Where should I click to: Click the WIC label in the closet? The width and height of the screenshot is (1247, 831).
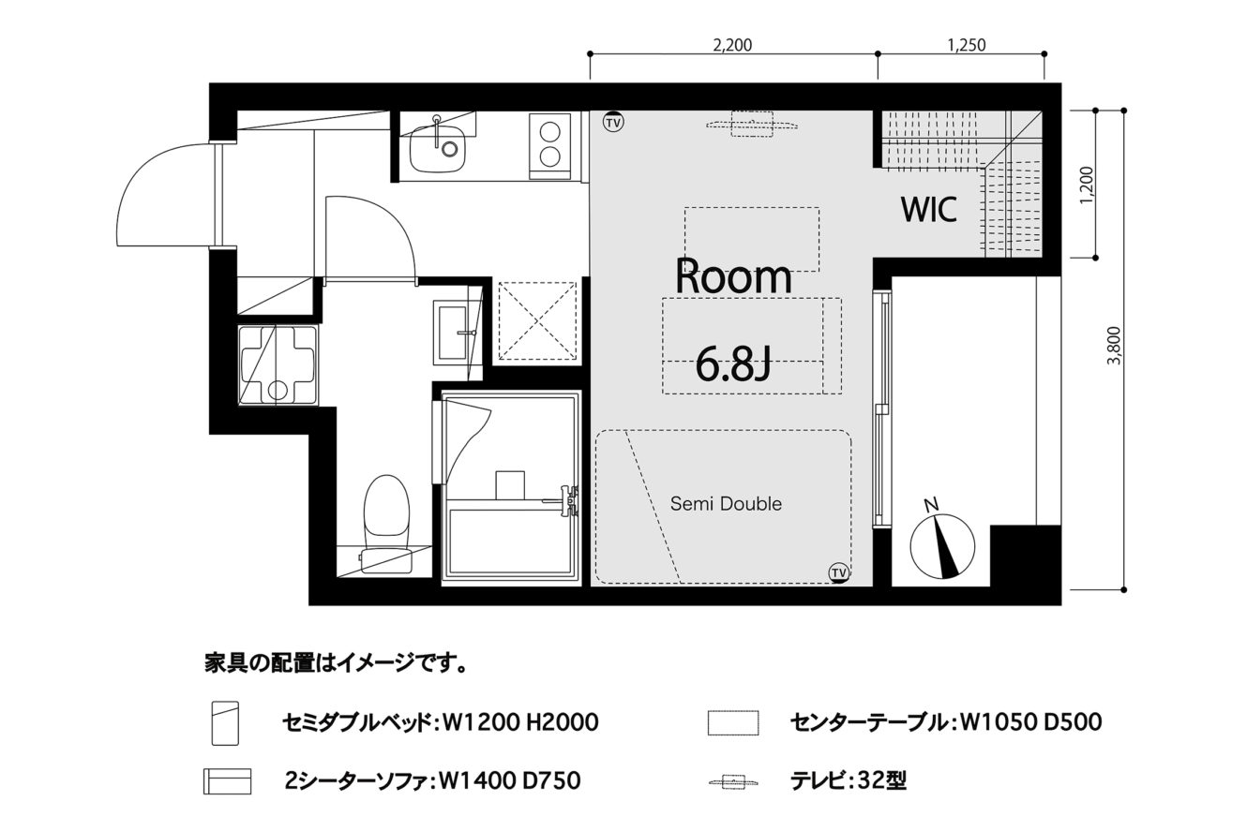click(928, 209)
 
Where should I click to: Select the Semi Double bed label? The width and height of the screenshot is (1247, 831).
click(726, 504)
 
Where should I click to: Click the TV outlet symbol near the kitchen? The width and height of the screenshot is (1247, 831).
click(613, 123)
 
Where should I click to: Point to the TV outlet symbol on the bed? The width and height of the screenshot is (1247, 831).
click(839, 571)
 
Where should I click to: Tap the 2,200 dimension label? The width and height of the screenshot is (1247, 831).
click(732, 45)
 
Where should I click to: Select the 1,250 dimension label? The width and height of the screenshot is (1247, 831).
click(967, 45)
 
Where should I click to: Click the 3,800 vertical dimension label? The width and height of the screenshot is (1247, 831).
click(1114, 346)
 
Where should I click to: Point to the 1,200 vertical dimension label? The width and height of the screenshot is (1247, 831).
click(1086, 185)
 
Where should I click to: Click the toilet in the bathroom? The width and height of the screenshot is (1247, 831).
click(386, 523)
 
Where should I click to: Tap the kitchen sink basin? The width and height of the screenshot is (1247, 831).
click(438, 149)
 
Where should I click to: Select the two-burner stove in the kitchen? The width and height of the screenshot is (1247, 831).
click(550, 146)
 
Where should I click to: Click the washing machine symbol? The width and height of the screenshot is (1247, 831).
click(278, 366)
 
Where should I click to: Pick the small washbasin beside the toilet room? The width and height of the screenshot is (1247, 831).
click(453, 333)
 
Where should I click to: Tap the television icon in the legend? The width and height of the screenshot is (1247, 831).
click(733, 782)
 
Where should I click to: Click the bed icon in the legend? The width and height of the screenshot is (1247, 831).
click(225, 722)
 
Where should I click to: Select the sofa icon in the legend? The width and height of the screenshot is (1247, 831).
click(227, 781)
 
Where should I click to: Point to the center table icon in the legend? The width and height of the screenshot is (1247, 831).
click(732, 722)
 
